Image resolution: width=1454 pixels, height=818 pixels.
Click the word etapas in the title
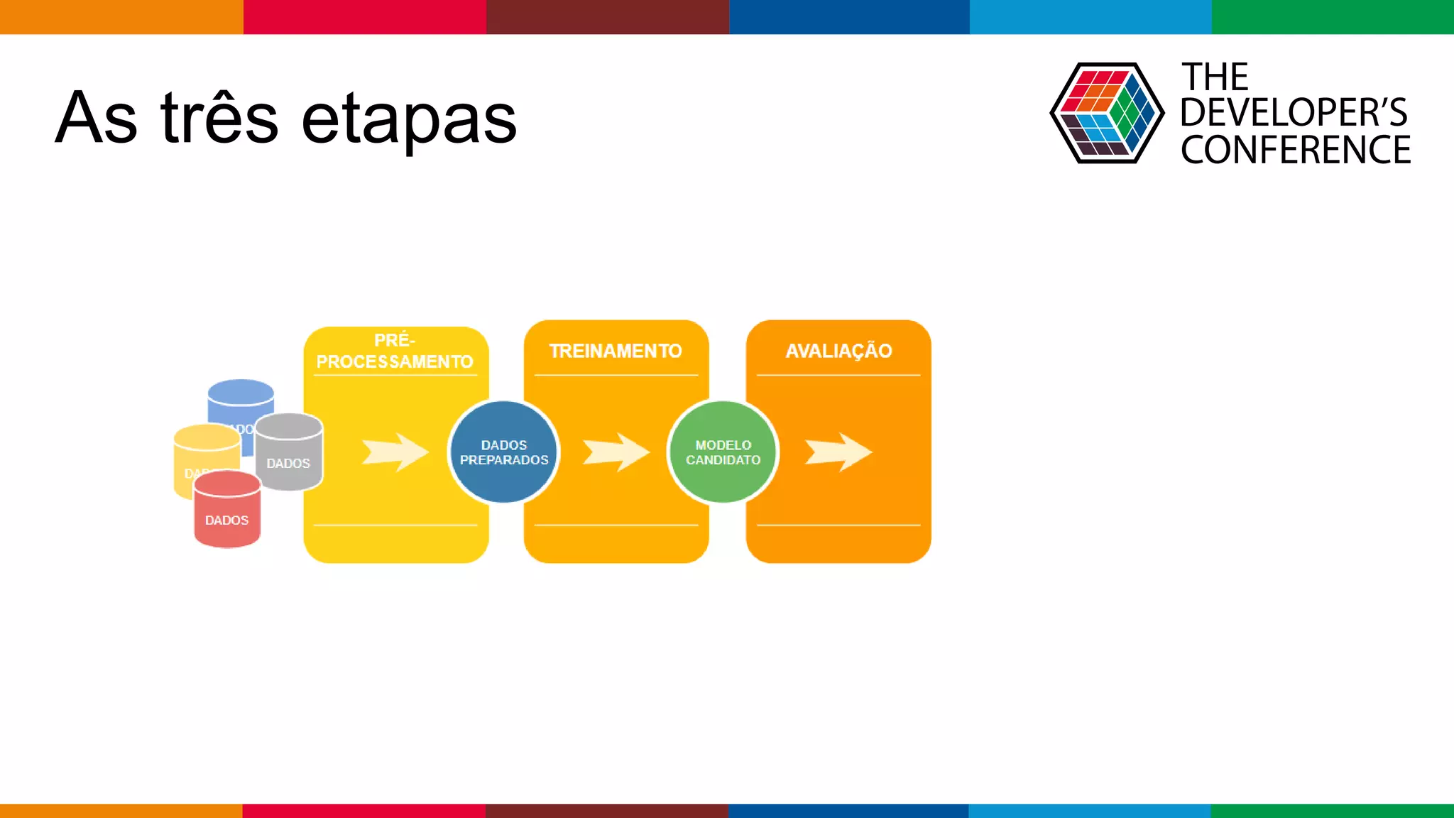(409, 119)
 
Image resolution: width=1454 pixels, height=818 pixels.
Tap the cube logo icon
(1106, 113)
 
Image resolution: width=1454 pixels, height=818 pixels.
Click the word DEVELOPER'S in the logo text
(1293, 113)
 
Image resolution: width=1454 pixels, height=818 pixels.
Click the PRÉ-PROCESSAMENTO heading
(395, 351)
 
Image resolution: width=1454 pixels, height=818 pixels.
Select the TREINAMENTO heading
(616, 351)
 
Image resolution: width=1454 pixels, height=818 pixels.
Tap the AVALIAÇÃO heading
(838, 351)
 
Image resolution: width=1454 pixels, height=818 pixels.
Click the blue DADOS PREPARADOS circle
(504, 452)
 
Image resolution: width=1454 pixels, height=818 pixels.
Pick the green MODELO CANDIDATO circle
(723, 452)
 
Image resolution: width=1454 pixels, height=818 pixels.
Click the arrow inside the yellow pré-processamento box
(395, 452)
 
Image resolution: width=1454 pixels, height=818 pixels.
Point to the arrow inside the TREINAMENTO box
(616, 452)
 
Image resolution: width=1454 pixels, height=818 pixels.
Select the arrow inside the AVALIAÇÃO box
(838, 452)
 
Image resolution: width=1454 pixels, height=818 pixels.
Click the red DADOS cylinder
(227, 515)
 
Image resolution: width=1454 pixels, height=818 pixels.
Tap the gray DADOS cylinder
(289, 454)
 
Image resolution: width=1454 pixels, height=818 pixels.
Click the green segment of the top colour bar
(1333, 16)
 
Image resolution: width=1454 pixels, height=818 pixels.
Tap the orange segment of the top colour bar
(121, 16)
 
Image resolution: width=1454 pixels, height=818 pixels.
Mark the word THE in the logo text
(1215, 77)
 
